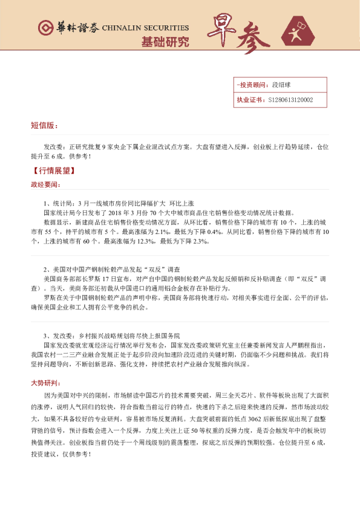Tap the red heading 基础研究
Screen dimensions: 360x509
[x=165, y=42]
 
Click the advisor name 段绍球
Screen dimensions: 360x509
[x=282, y=85]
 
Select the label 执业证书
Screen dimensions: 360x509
[x=249, y=100]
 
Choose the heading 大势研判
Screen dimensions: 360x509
[x=45, y=384]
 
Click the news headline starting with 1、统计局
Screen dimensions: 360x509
[x=118, y=203]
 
